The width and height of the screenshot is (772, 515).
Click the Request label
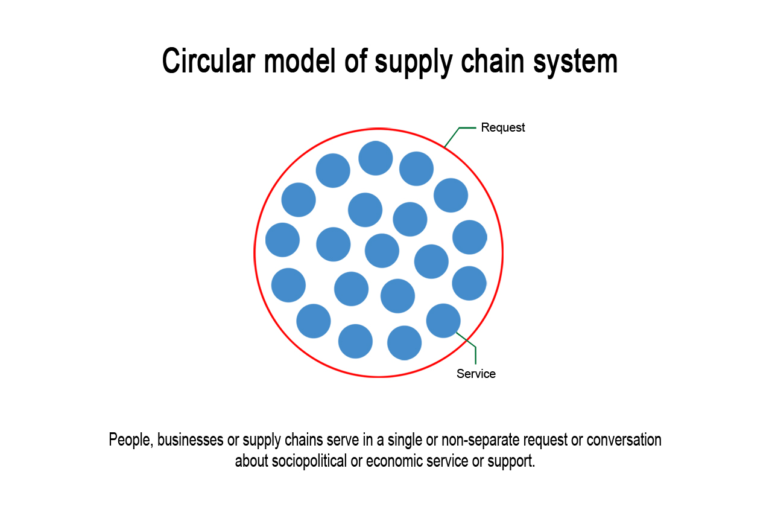[502, 127]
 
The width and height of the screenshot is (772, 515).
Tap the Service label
[476, 374]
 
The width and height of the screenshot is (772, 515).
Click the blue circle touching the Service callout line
[443, 321]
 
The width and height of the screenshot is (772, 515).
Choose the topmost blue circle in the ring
[376, 158]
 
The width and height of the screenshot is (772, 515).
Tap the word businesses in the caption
[190, 440]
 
